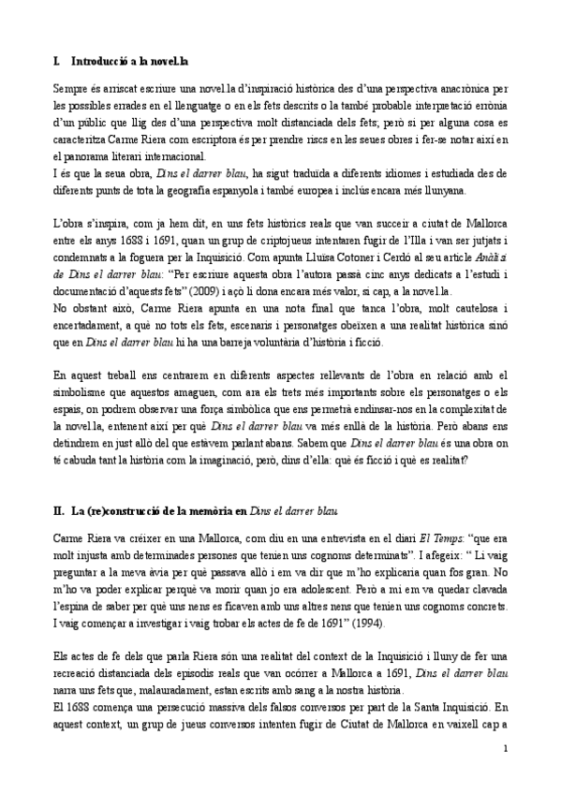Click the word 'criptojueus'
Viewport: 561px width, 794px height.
pos(339,241)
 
